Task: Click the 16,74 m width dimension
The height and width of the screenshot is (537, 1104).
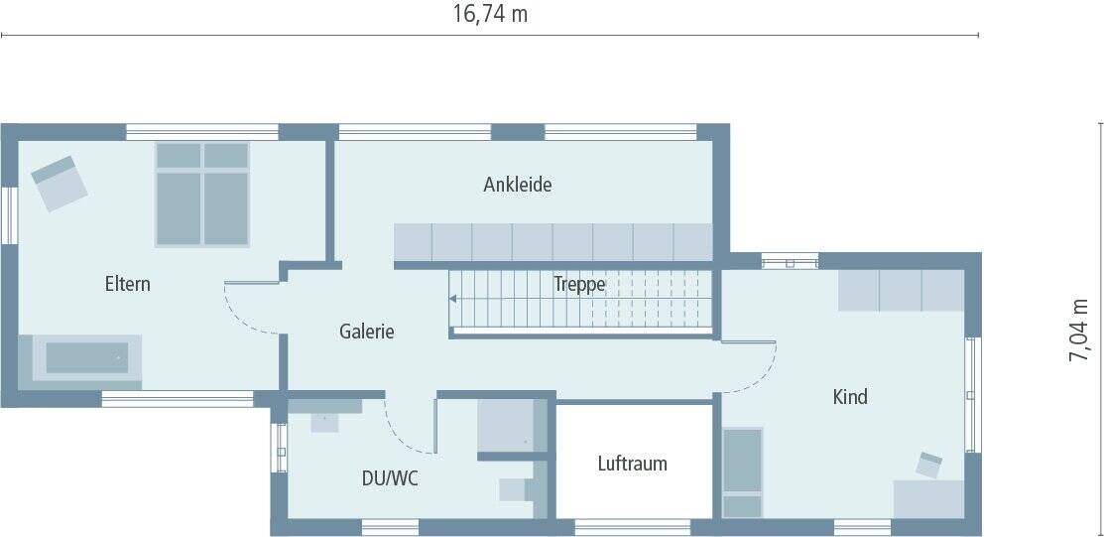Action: click(490, 14)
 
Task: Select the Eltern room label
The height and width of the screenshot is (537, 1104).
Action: click(128, 284)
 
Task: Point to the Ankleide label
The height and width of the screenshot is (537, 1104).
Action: click(517, 185)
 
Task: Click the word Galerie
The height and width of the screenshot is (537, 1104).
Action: click(366, 332)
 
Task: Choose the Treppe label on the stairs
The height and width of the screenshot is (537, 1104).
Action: click(579, 285)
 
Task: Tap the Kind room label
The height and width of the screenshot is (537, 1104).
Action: click(850, 397)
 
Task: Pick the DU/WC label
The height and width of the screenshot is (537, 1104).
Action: click(390, 478)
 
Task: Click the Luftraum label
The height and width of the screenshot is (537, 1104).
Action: click(632, 464)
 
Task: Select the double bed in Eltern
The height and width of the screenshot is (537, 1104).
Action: click(202, 193)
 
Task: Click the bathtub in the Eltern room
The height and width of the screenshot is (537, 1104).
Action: click(87, 357)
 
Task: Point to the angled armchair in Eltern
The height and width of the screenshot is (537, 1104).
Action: click(59, 182)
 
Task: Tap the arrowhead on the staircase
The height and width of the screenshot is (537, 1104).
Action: click(452, 297)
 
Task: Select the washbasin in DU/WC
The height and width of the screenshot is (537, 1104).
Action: click(324, 419)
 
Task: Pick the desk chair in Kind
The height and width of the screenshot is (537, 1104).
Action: click(929, 464)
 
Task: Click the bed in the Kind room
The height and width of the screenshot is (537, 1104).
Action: click(742, 471)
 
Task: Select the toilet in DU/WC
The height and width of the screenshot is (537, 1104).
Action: click(518, 488)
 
